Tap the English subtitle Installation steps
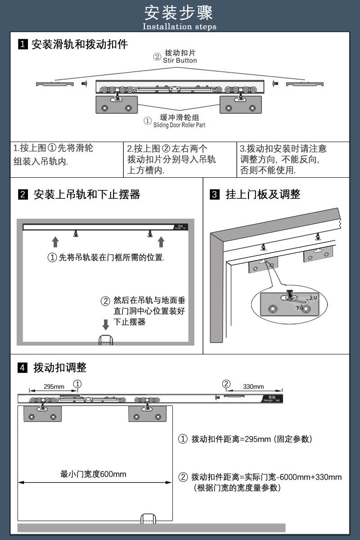coord(180,27)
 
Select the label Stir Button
coord(180,60)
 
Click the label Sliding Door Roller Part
coord(179,125)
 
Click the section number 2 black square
coord(22,195)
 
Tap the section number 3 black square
coord(215,195)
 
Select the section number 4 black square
coord(22,368)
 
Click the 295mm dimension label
coord(54,387)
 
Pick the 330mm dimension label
coord(253,387)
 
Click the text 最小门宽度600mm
coord(94,474)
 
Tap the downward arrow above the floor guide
coord(106,324)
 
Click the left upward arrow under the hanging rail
coord(55,242)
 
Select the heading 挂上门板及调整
coord(263,194)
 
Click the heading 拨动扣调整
coord(60,368)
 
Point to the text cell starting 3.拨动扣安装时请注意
coord(283,159)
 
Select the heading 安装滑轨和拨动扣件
coord(80,44)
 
